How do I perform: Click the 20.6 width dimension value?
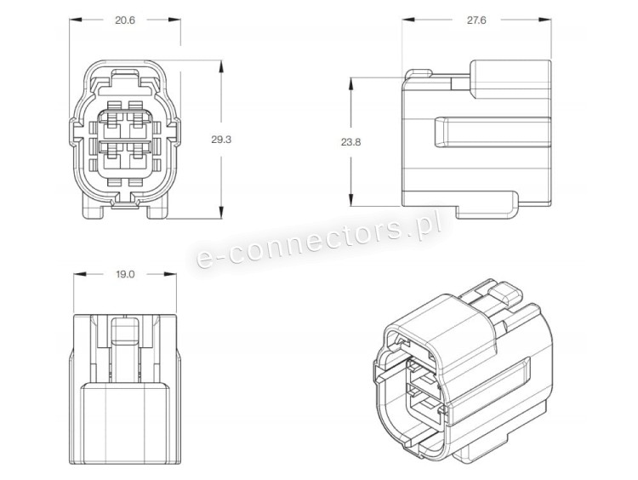[124, 20]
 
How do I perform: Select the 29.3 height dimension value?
[221, 140]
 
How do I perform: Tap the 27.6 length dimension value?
[476, 20]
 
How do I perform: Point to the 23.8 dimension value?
[350, 142]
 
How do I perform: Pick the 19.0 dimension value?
[124, 274]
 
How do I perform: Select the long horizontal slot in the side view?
[493, 132]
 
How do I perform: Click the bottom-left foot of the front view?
[93, 210]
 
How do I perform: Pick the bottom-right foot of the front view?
[157, 210]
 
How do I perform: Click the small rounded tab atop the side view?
[419, 73]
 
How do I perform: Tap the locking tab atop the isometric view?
[504, 294]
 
